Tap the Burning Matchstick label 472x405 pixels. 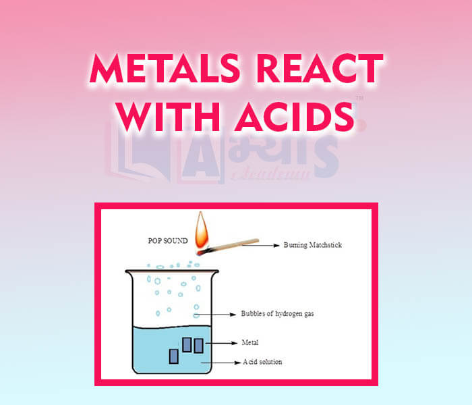click(x=313, y=245)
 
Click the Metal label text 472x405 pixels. click(x=250, y=342)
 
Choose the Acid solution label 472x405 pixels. click(x=263, y=362)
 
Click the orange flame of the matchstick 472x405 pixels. click(x=200, y=233)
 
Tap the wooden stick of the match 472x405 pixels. click(x=233, y=244)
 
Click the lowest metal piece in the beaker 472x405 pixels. click(x=174, y=356)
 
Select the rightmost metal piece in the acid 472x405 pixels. click(x=199, y=345)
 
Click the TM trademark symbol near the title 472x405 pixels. click(x=359, y=99)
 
